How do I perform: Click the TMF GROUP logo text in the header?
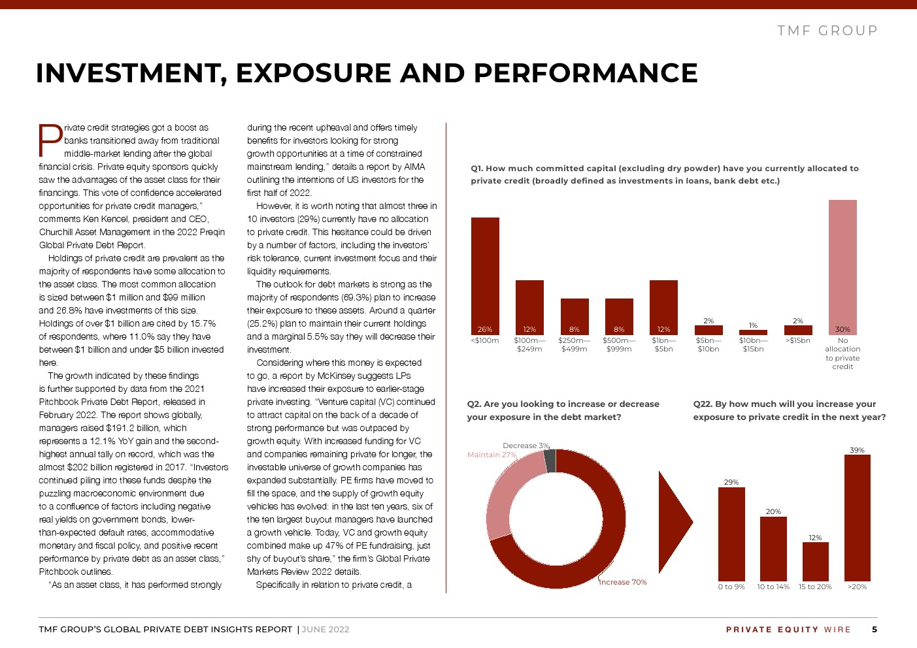[x=827, y=31]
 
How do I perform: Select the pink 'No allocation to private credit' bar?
[x=842, y=267]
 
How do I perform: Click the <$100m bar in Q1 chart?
[x=485, y=276]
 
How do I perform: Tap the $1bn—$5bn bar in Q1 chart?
[x=663, y=308]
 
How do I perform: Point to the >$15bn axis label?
[x=797, y=340]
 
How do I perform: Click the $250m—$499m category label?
[x=575, y=344]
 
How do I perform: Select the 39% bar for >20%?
[x=858, y=518]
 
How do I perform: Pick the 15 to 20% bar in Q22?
[x=815, y=562]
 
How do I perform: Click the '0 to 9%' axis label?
[x=731, y=587]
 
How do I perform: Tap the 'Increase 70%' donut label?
[x=623, y=582]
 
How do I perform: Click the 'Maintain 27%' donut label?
[x=492, y=455]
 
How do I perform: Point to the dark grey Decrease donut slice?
[x=550, y=461]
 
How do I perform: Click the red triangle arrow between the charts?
[x=673, y=522]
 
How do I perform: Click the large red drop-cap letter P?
[x=50, y=140]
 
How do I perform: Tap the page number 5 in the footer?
[x=875, y=629]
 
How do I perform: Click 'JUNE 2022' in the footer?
[x=325, y=630]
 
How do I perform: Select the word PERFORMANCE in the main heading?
[x=586, y=73]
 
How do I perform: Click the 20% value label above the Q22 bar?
[x=773, y=511]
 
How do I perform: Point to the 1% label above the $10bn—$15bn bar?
[x=753, y=325]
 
